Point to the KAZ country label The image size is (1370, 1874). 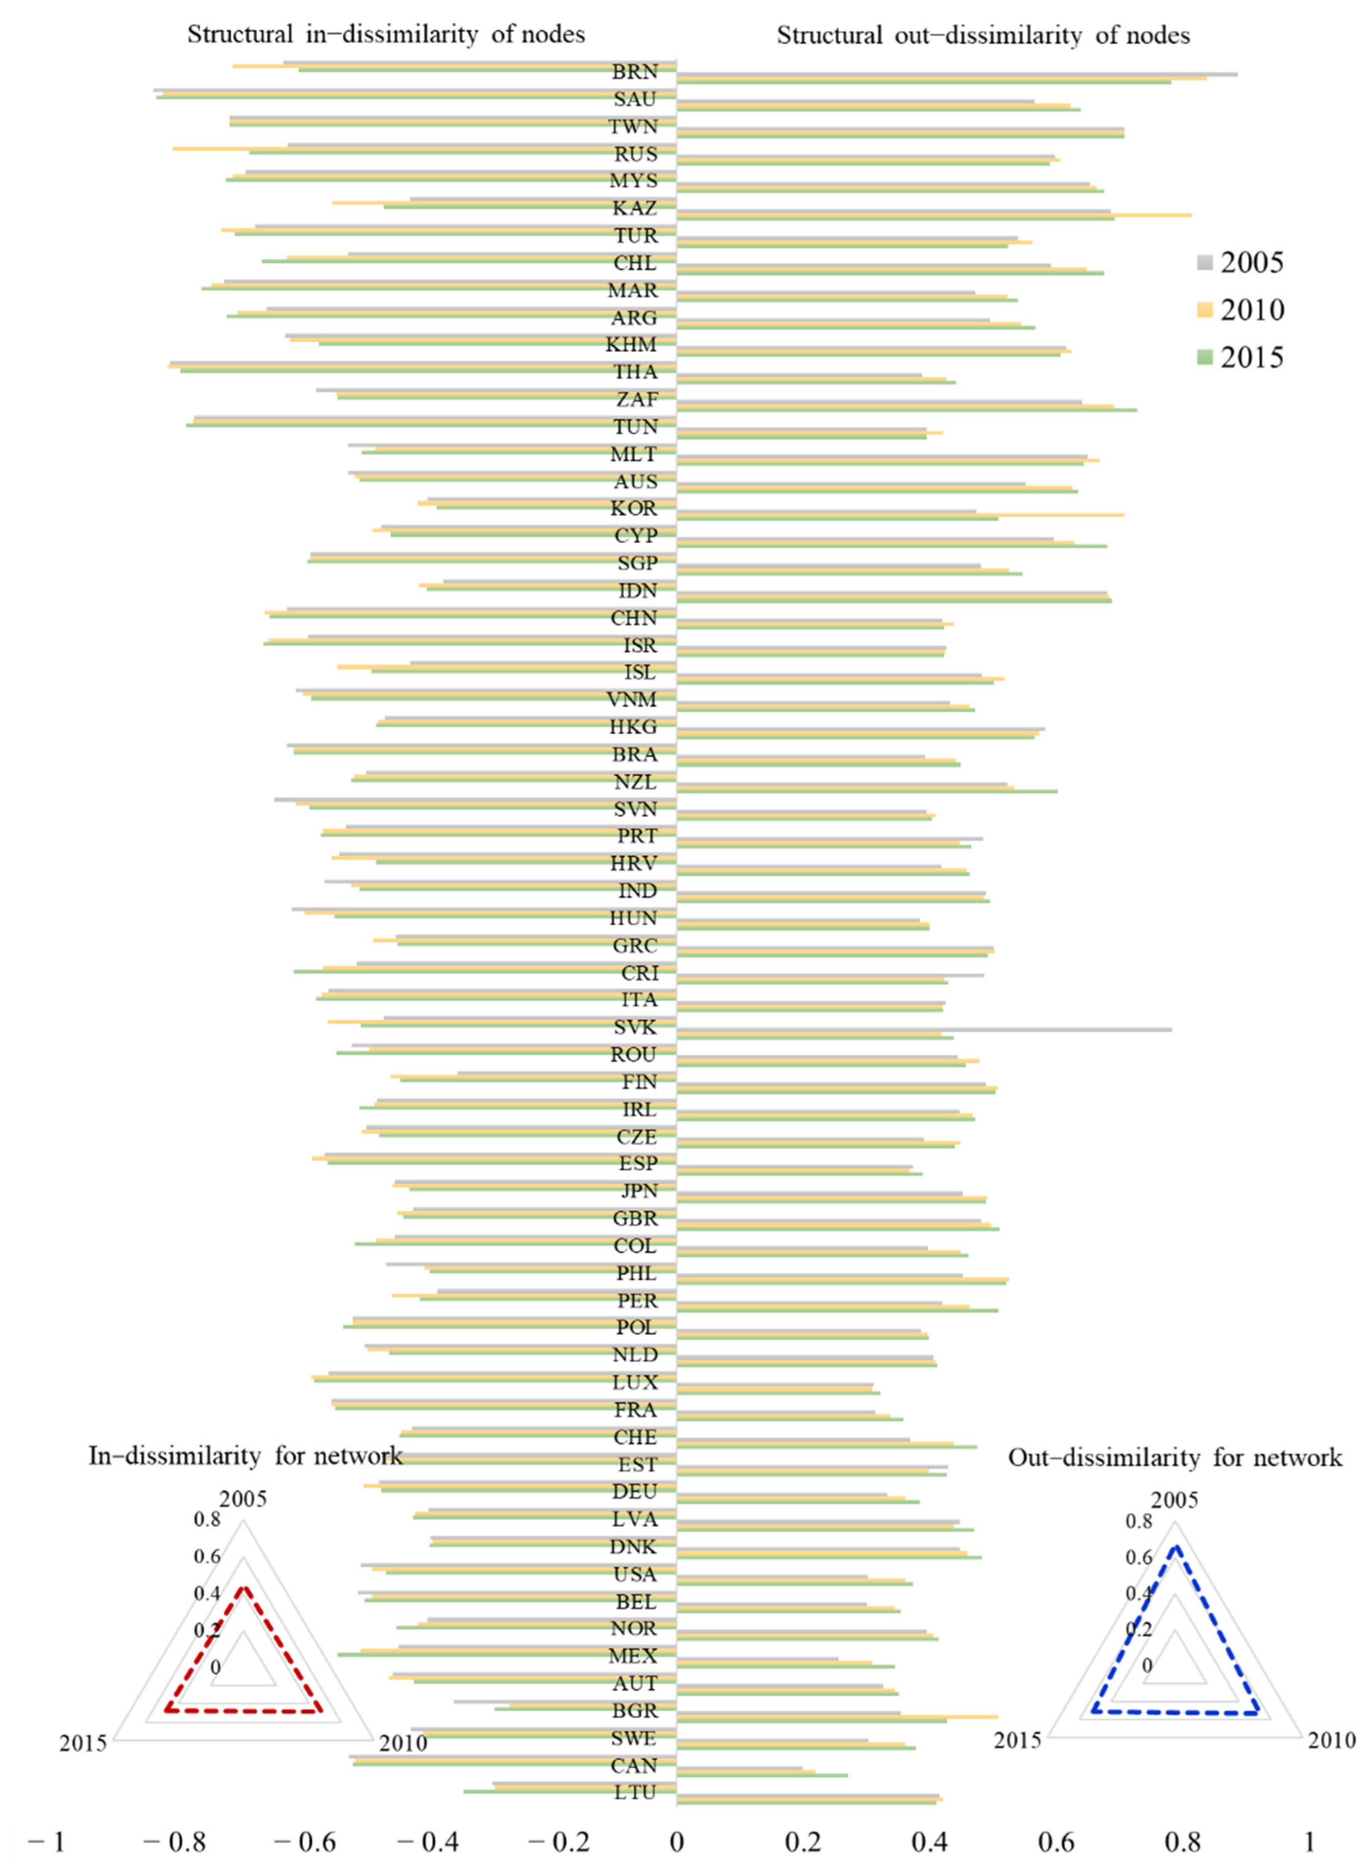pyautogui.click(x=634, y=208)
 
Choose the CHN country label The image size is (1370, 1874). pyautogui.click(x=634, y=618)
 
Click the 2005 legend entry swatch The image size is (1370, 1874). pyautogui.click(x=1205, y=263)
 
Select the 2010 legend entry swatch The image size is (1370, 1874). pyautogui.click(x=1205, y=310)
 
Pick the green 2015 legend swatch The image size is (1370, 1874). pyautogui.click(x=1205, y=358)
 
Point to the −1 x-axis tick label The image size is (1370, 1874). pyautogui.click(x=46, y=1843)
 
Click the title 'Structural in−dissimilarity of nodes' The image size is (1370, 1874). pyautogui.click(x=385, y=35)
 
